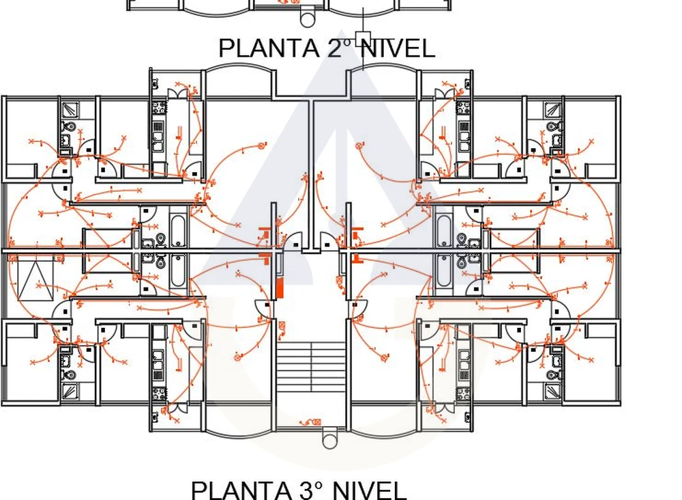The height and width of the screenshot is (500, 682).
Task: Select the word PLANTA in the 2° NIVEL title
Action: coord(269,48)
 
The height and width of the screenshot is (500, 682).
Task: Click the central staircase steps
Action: coord(312,367)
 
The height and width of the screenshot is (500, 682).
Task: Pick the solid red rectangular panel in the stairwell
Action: coord(280,289)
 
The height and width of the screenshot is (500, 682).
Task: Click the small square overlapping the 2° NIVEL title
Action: coord(364,39)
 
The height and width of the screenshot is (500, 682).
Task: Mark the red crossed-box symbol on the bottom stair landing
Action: coord(317,421)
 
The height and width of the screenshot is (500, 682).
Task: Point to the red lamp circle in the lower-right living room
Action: coord(384,357)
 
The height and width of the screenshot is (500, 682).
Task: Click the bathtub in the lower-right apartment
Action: coord(443,271)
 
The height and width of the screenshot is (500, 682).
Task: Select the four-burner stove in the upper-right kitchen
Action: coord(463,107)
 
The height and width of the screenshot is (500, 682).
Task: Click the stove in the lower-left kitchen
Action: coord(159,394)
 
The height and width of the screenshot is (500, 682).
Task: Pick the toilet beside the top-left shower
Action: coord(70,127)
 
